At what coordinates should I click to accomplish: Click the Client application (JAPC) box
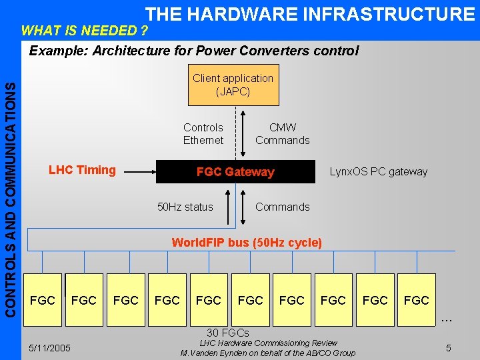[x=233, y=85]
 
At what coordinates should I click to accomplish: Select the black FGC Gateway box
[x=235, y=172]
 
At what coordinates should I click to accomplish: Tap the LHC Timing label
[x=82, y=170]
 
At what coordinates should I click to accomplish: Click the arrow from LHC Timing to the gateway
[x=140, y=172]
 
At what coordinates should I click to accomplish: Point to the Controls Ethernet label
[x=203, y=133]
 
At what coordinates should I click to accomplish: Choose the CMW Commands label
[x=283, y=133]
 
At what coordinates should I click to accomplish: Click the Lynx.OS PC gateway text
[x=379, y=172]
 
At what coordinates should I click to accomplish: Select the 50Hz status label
[x=185, y=207]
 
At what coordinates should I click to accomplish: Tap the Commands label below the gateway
[x=283, y=207]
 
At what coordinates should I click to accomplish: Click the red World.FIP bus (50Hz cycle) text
[x=247, y=243]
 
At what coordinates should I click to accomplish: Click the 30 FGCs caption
[x=228, y=333]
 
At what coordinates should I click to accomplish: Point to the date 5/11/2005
[x=51, y=348]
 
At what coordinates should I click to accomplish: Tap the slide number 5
[x=449, y=348]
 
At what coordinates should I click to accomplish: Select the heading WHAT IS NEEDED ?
[x=84, y=31]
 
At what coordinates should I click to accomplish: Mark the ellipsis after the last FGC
[x=447, y=321]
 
